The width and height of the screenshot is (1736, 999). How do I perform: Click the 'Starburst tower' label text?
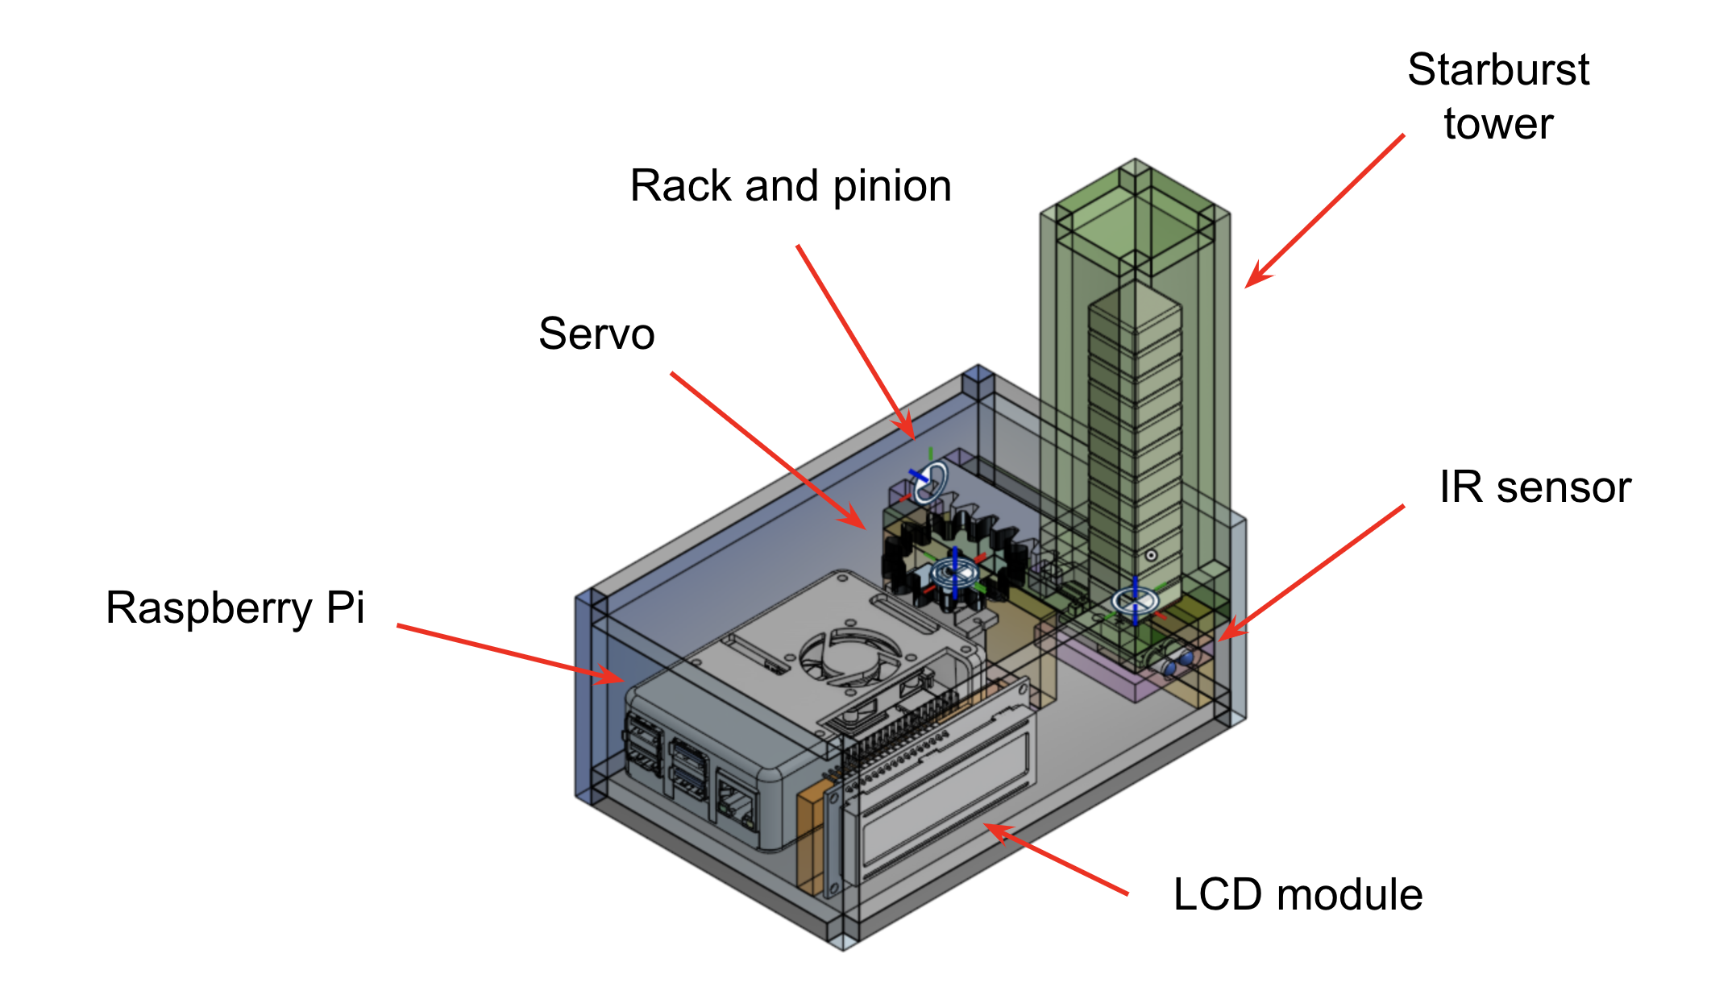(x=1497, y=97)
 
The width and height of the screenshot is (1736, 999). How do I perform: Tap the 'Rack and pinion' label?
(x=790, y=187)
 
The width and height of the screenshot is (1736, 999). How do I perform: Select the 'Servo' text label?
(x=596, y=334)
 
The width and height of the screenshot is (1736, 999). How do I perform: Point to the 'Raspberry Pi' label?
(x=235, y=608)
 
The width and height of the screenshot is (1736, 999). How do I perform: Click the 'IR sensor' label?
(x=1535, y=488)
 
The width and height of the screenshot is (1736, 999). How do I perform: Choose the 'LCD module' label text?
(x=1298, y=895)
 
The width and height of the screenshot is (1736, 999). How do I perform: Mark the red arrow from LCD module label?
(x=1056, y=860)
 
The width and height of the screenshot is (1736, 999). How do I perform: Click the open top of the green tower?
(x=1135, y=222)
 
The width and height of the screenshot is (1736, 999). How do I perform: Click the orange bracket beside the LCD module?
(x=809, y=838)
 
